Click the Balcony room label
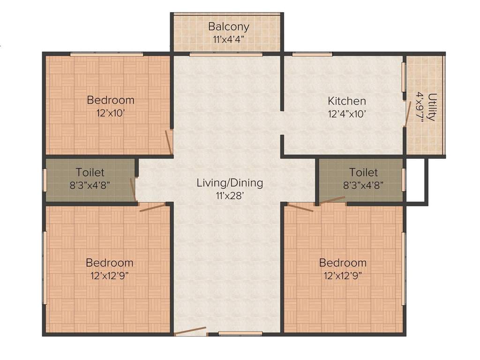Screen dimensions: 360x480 coord(228,26)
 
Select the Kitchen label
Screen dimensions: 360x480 coord(346,101)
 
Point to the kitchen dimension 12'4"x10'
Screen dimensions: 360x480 coord(346,113)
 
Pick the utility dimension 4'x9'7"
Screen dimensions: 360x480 coord(420,107)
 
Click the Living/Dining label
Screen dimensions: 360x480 coord(230,183)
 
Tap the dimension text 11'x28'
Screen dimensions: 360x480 coord(230,195)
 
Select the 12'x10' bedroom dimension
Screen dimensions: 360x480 coord(111,113)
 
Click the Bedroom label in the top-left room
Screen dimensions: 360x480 coord(111,100)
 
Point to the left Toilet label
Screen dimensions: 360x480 coord(90,173)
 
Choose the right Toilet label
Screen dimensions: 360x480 coord(363,172)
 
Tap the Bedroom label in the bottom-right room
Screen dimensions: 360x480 coord(343,262)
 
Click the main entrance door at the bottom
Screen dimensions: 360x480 coord(190,331)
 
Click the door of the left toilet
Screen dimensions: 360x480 coord(133,189)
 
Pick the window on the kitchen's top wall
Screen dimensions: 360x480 coord(312,54)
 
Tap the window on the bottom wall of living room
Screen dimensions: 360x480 coord(240,334)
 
